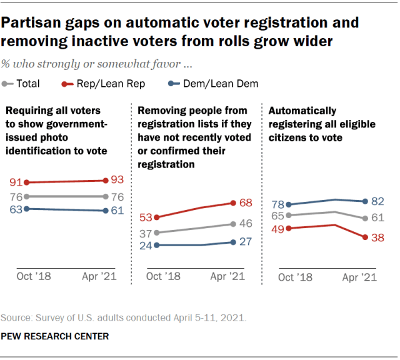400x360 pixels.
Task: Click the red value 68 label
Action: tap(246, 202)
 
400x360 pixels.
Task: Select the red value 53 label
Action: tap(146, 217)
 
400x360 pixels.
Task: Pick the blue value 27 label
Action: tap(246, 242)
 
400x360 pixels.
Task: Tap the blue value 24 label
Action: tap(146, 245)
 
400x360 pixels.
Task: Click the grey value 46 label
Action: tap(246, 223)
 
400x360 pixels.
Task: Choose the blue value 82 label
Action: tap(377, 201)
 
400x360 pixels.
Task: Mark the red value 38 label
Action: tap(377, 237)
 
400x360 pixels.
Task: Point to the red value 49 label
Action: tap(277, 229)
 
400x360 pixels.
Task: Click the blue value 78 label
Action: tap(277, 204)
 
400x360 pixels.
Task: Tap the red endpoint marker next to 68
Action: tap(232, 202)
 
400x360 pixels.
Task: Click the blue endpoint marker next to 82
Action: tap(364, 201)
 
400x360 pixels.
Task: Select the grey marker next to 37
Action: tap(156, 232)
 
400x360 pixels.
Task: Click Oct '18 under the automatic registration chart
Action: tap(295, 277)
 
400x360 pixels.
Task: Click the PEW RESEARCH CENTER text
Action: tap(55, 336)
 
